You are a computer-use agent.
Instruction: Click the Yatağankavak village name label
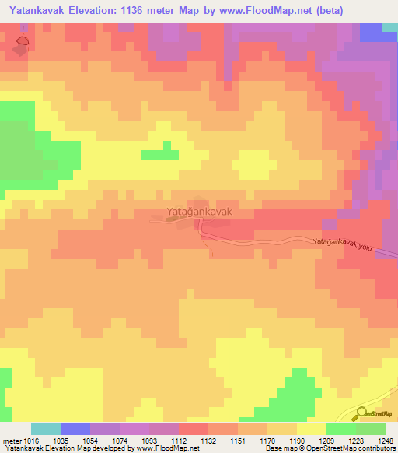tap(199, 211)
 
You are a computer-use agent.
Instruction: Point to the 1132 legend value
tap(208, 441)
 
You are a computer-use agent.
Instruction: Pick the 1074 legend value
tap(119, 441)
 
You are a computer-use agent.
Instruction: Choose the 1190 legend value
tap(296, 441)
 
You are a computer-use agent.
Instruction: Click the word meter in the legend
tap(11, 441)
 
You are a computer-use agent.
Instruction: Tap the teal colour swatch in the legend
tap(46, 429)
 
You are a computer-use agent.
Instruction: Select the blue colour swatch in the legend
tap(75, 429)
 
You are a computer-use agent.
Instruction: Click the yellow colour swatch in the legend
tap(311, 429)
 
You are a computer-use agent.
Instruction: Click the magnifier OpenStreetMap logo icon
tap(360, 413)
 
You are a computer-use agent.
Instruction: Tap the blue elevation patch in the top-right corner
tap(379, 33)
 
